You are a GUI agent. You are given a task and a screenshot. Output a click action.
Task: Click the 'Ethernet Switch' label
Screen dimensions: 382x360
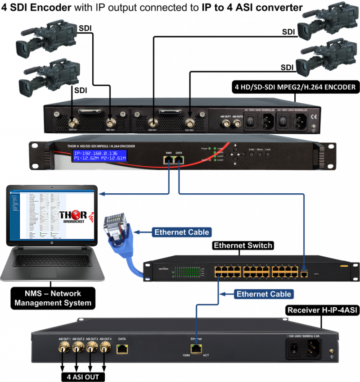pyautogui.click(x=243, y=246)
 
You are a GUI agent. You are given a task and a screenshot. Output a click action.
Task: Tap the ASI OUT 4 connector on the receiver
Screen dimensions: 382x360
pyautogui.click(x=105, y=347)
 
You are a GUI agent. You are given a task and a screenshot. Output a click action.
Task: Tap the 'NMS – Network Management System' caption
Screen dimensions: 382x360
pyautogui.click(x=53, y=298)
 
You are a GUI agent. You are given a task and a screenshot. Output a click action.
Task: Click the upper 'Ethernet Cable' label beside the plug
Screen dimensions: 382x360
pyautogui.click(x=182, y=232)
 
